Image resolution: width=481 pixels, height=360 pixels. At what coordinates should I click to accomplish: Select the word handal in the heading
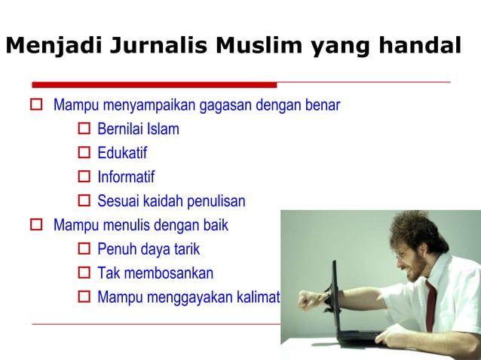click(x=417, y=47)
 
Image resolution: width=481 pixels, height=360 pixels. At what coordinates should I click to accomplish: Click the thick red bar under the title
click(x=155, y=84)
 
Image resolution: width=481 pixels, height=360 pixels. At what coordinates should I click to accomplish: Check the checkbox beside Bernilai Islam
click(x=85, y=130)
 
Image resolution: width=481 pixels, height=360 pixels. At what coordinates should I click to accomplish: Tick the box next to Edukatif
click(x=85, y=154)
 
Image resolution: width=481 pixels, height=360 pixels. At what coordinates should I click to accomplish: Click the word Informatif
click(x=126, y=178)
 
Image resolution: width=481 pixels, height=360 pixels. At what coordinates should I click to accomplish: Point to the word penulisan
click(x=216, y=202)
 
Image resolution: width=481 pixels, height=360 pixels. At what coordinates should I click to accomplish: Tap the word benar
click(x=323, y=105)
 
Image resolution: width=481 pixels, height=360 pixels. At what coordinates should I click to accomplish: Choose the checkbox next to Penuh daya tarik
click(x=85, y=249)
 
